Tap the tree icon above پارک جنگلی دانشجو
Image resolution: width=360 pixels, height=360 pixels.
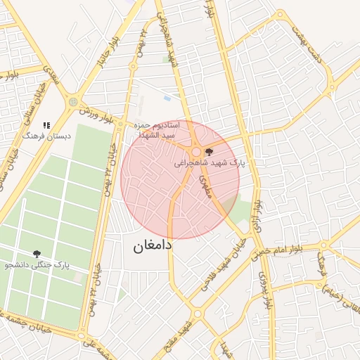36,254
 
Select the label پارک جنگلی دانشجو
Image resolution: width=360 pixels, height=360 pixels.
37,265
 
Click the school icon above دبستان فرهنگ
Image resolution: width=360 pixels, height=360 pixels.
46,125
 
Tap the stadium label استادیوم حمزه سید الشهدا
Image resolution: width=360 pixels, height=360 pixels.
157,129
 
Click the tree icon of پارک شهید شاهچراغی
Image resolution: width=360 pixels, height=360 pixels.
208,151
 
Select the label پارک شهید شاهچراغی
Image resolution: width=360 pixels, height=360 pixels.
210,162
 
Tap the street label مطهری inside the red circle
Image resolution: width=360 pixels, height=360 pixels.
207,185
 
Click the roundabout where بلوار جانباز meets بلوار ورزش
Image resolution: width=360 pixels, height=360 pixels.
72,103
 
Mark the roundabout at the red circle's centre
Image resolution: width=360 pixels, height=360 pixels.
195,152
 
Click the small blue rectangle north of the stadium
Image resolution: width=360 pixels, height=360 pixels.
167,98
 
